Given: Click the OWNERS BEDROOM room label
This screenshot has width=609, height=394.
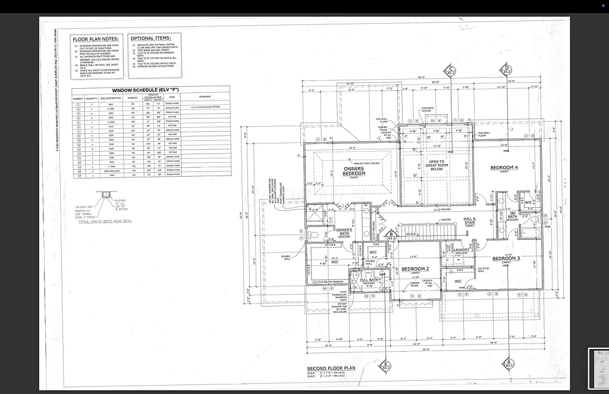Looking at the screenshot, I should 354,171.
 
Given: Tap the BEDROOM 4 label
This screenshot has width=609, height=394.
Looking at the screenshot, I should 504,168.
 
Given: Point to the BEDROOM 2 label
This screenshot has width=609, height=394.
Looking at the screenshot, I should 415,269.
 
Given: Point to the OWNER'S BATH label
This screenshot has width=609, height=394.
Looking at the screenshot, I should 344,230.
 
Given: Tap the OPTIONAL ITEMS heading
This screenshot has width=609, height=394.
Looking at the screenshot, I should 150,38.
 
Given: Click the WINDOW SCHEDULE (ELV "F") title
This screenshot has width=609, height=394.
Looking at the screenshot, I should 150,89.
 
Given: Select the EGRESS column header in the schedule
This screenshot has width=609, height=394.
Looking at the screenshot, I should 132,98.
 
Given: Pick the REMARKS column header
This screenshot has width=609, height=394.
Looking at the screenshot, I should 205,96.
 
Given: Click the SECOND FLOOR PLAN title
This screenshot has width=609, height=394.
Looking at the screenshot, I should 331,368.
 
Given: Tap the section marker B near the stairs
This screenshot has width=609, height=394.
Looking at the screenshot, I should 391,236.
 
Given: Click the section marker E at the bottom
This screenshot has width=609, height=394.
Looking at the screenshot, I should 385,365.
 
